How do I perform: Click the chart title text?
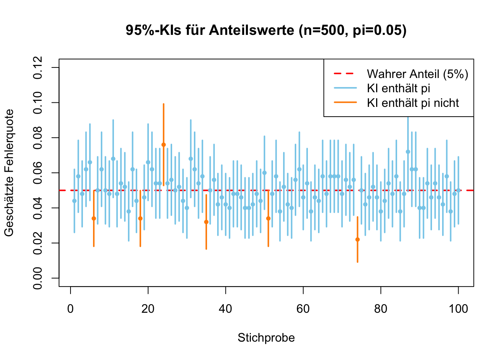tap(266, 30)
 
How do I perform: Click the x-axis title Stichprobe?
tap(266, 338)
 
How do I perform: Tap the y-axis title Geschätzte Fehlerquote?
tap(9, 173)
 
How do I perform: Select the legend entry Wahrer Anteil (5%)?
tap(417, 74)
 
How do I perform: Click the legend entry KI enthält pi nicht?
tap(412, 103)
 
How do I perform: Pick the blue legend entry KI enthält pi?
tap(398, 88)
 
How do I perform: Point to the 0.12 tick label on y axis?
tap(38, 67)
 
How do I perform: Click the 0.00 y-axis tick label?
tap(38, 278)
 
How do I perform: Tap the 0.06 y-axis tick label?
tap(38, 173)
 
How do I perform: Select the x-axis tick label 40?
tap(226, 309)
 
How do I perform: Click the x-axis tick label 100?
tap(458, 309)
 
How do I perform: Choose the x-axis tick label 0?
tap(70, 309)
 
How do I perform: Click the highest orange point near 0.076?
tap(163, 145)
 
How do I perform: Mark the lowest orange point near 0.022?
tap(357, 240)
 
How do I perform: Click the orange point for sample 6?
tap(94, 218)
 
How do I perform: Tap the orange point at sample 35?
tap(206, 222)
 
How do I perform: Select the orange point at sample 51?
tap(268, 218)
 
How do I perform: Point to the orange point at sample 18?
tap(140, 218)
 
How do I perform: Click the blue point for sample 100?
tap(458, 190)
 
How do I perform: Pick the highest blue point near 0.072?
tap(408, 152)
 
